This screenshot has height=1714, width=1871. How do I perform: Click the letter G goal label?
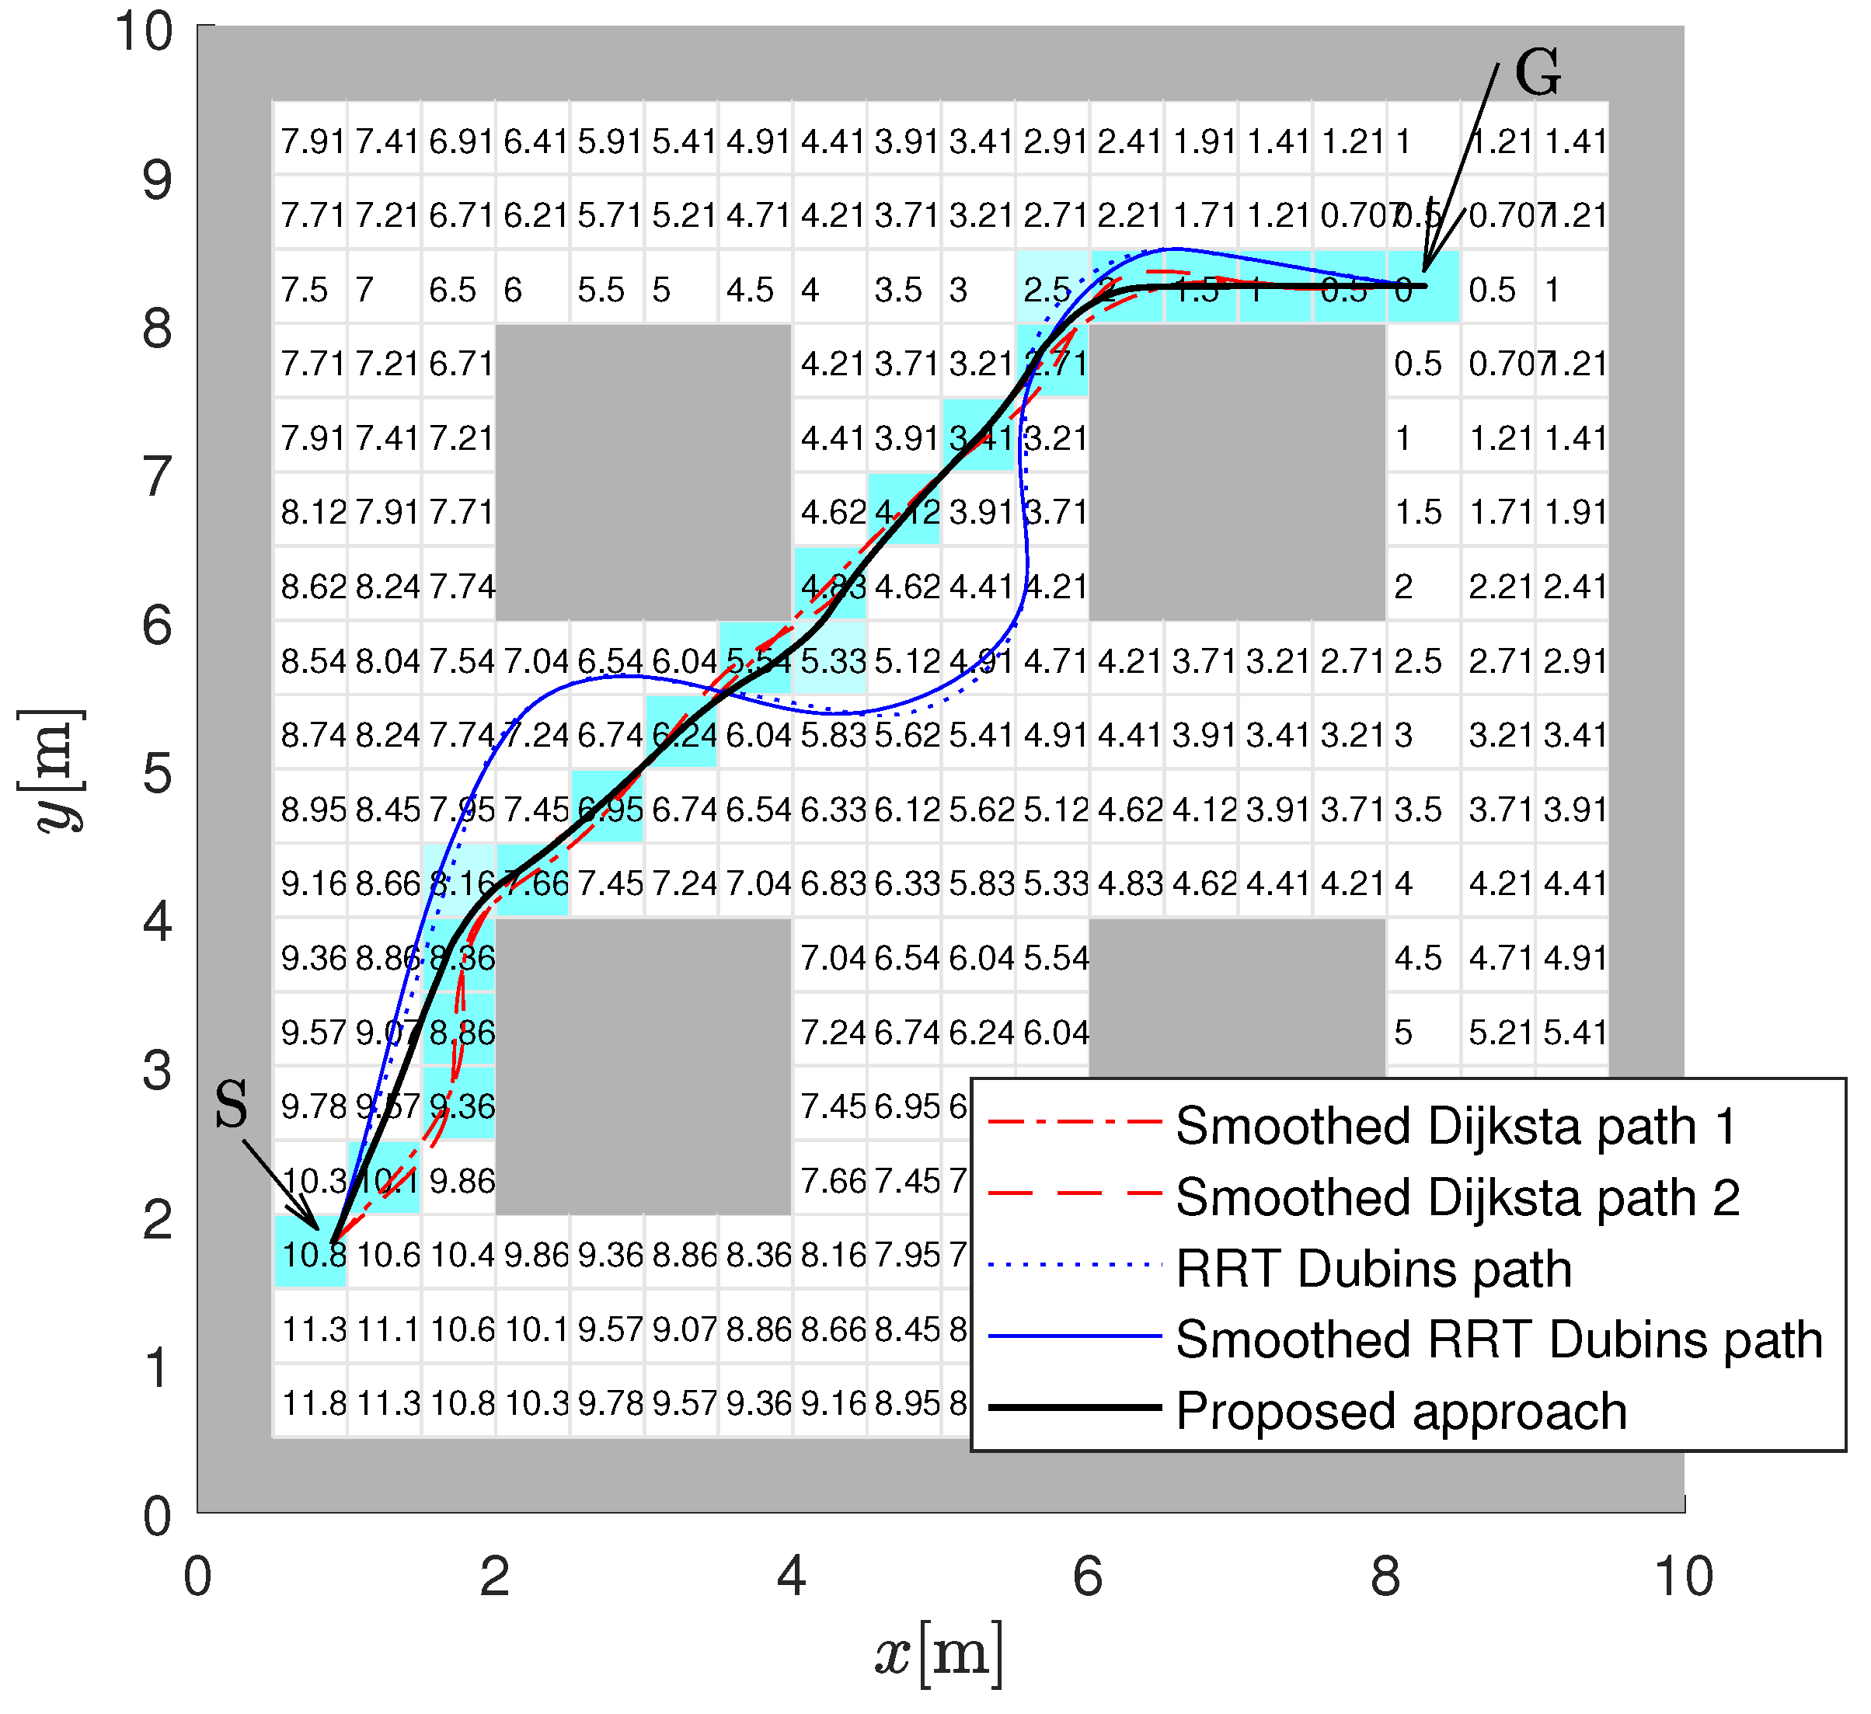[x=1537, y=72]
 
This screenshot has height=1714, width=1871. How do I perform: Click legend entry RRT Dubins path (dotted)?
[x=1373, y=1269]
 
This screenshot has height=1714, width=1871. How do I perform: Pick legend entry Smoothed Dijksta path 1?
[x=1455, y=1126]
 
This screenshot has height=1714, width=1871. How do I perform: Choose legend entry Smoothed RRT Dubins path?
[x=1498, y=1340]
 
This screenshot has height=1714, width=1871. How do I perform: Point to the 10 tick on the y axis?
[x=144, y=32]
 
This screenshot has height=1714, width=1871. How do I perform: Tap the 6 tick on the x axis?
[x=1087, y=1576]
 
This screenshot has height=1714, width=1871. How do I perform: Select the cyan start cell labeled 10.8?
[x=311, y=1254]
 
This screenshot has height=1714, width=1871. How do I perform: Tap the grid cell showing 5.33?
[x=831, y=660]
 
